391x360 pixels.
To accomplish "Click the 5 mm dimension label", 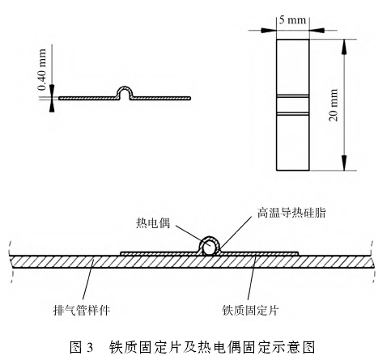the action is tap(292, 20).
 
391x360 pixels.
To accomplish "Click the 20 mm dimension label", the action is tap(334, 105).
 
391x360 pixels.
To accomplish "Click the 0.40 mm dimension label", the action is tap(42, 70).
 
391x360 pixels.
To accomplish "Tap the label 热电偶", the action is tap(153, 223).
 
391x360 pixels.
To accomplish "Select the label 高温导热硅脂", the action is tap(291, 213).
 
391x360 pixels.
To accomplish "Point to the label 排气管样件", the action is tap(82, 310).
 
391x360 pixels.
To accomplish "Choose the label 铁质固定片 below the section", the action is tap(250, 310).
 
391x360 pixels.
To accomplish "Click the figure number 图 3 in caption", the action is tap(81, 347).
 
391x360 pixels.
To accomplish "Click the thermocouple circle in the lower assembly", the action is tap(210, 248).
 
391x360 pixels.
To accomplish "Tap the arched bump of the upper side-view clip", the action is tap(125, 88).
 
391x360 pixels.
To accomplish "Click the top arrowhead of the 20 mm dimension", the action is tap(344, 47).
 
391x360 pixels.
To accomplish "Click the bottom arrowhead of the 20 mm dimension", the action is tap(344, 163).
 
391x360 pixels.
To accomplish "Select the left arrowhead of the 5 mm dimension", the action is tap(269, 30).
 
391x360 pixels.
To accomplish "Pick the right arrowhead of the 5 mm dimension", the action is tap(317, 30).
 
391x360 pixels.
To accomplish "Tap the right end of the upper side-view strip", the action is tap(190, 98).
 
